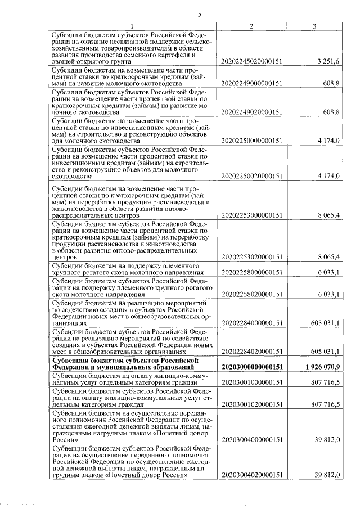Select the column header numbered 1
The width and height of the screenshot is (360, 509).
(131, 26)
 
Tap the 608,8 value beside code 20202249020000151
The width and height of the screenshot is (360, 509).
(331, 112)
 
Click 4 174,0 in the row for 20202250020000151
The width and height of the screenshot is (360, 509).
(328, 176)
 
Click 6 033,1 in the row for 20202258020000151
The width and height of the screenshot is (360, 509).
(328, 294)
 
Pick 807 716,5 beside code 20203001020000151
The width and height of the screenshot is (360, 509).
(326, 404)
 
